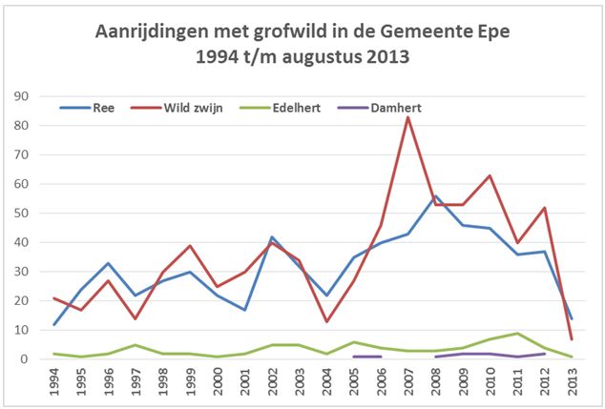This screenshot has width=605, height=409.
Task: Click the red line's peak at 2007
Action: (x=407, y=116)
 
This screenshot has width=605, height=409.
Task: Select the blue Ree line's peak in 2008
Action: (x=435, y=196)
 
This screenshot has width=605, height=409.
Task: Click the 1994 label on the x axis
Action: (x=54, y=381)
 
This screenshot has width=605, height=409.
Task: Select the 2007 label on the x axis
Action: (x=407, y=381)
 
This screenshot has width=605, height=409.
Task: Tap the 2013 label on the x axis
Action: (x=571, y=381)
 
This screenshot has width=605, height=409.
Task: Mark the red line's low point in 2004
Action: (x=326, y=321)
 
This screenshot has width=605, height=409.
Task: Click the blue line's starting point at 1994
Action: (x=54, y=324)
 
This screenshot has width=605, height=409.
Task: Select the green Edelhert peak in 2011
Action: (x=516, y=333)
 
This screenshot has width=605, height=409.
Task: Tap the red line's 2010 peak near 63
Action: (x=490, y=175)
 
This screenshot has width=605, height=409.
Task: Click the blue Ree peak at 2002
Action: (x=272, y=237)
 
